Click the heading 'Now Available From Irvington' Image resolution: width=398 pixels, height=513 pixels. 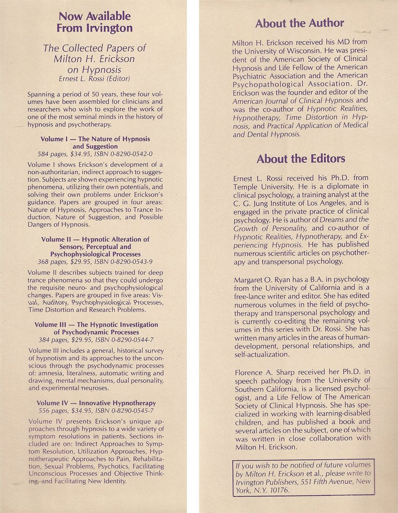pyautogui.click(x=94, y=22)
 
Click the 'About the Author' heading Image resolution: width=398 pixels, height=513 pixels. pyautogui.click(x=299, y=23)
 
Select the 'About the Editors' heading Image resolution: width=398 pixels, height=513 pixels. pyautogui.click(x=301, y=159)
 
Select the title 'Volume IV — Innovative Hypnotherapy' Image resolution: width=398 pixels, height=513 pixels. pyautogui.click(x=96, y=403)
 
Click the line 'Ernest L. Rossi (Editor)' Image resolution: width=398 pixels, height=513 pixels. pyautogui.click(x=95, y=78)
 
